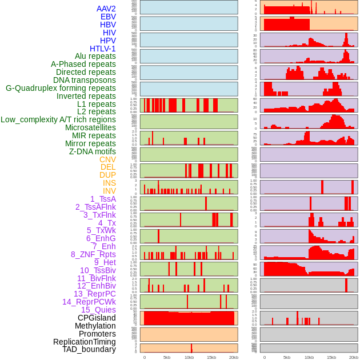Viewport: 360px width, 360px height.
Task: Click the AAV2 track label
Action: click(x=106, y=9)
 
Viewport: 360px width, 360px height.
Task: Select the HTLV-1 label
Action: click(x=103, y=49)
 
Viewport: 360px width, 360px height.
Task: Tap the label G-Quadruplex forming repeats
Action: click(x=61, y=88)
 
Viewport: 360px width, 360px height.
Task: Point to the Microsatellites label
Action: click(x=90, y=127)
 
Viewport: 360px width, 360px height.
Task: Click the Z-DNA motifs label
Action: click(x=93, y=151)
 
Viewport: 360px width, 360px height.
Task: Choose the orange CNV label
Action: click(x=107, y=159)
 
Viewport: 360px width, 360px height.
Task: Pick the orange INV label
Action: click(x=109, y=191)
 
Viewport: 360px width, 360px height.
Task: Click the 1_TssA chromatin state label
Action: click(x=103, y=199)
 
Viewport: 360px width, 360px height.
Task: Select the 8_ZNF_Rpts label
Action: click(x=93, y=254)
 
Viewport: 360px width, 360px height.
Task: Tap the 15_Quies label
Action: click(x=98, y=310)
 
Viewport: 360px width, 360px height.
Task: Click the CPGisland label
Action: click(x=97, y=318)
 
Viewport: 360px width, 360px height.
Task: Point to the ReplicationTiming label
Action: click(x=84, y=342)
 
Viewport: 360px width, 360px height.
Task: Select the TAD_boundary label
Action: click(x=89, y=349)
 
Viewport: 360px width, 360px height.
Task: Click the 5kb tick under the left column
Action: click(x=167, y=357)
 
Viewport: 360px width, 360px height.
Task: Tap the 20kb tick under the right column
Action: click(x=354, y=357)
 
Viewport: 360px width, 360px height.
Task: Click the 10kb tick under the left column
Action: click(x=189, y=357)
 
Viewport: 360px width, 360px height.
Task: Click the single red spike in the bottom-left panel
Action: click(x=191, y=348)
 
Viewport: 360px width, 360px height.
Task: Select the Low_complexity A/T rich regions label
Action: click(x=58, y=119)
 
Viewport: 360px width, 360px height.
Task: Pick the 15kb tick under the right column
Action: click(x=331, y=357)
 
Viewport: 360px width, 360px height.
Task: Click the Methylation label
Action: click(x=95, y=326)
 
